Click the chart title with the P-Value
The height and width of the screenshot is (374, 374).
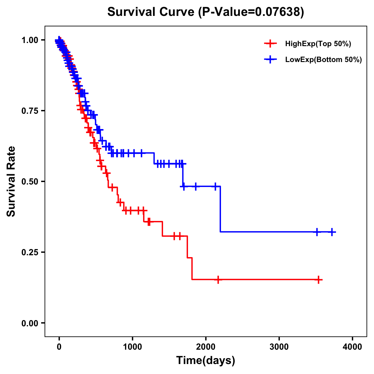[x=206, y=12]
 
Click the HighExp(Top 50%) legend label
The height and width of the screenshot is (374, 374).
[x=318, y=44]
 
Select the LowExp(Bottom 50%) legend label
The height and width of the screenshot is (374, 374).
[x=324, y=60]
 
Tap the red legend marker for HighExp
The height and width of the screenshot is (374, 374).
[x=270, y=44]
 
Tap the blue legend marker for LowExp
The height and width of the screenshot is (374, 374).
[x=270, y=60]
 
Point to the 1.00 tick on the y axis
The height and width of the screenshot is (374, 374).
[x=30, y=40]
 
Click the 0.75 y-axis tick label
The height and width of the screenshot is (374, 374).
[x=30, y=111]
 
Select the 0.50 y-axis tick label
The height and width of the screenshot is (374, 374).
[x=30, y=181]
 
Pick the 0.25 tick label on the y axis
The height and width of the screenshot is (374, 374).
[x=30, y=252]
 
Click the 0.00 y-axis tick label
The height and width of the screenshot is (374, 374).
[x=30, y=323]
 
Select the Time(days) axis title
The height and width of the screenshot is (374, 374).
[x=206, y=361]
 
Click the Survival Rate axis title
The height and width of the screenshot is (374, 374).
[x=11, y=181]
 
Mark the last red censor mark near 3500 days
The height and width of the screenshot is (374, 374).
[x=319, y=280]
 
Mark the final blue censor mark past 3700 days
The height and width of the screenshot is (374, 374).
[x=332, y=232]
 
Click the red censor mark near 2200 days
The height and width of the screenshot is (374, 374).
[x=218, y=280]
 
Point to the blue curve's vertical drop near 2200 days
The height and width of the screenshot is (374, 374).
[x=220, y=209]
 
